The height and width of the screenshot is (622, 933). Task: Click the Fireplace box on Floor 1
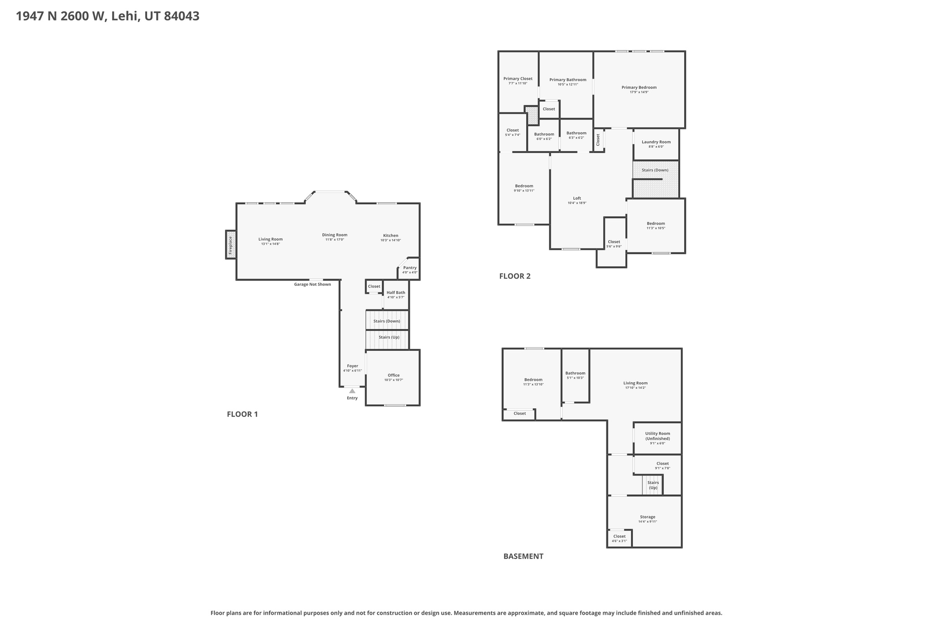pyautogui.click(x=231, y=245)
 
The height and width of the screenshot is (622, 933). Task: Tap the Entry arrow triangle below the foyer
pyautogui.click(x=352, y=391)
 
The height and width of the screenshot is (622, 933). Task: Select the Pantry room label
pyautogui.click(x=410, y=268)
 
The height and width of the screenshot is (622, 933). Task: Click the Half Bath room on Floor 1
pyautogui.click(x=395, y=294)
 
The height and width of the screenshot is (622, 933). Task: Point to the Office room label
pyautogui.click(x=394, y=375)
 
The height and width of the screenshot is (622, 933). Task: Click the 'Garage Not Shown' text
pyautogui.click(x=312, y=284)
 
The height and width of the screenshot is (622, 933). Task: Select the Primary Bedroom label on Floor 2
pyautogui.click(x=639, y=87)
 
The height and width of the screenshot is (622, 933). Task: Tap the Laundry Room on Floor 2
pyautogui.click(x=656, y=144)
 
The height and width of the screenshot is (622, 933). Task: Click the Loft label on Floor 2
pyautogui.click(x=577, y=198)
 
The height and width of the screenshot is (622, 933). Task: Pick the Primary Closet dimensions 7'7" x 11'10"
pyautogui.click(x=518, y=83)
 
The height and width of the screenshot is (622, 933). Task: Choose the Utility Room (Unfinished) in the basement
pyautogui.click(x=657, y=438)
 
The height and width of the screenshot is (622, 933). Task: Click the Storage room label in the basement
pyautogui.click(x=647, y=517)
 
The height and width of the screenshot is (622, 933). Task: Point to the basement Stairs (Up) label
pyautogui.click(x=653, y=485)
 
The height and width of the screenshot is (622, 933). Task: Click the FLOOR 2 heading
pyautogui.click(x=515, y=276)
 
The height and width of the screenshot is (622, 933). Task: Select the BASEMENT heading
pyautogui.click(x=523, y=556)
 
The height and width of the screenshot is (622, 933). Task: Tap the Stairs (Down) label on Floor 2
pyautogui.click(x=655, y=170)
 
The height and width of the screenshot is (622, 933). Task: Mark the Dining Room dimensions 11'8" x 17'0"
pyautogui.click(x=334, y=240)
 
